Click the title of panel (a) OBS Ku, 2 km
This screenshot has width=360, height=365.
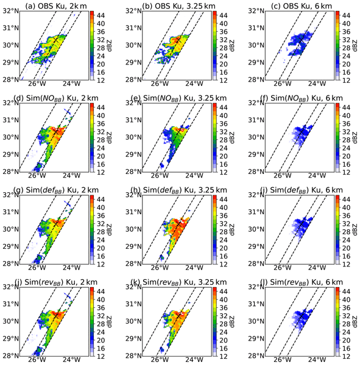[56, 5]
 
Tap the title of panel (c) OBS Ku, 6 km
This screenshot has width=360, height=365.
[302, 5]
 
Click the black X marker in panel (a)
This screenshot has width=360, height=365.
[56, 40]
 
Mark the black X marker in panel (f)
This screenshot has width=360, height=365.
[302, 132]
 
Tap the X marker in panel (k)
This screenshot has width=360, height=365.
[178, 316]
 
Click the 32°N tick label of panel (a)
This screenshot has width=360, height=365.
[11, 11]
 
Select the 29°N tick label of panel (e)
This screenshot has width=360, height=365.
[133, 155]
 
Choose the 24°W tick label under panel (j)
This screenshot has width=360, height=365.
[72, 360]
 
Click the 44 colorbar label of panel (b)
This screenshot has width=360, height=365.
[223, 15]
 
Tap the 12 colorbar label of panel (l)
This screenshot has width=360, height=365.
[346, 356]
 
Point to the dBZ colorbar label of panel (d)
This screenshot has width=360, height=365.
[109, 137]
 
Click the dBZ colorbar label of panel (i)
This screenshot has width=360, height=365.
[355, 229]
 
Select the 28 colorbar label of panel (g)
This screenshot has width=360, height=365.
[101, 232]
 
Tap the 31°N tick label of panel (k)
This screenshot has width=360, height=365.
[133, 304]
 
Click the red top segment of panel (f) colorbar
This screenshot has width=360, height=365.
[337, 105]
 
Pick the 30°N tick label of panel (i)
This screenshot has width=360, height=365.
[256, 229]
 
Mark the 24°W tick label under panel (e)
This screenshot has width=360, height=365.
[194, 175]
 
